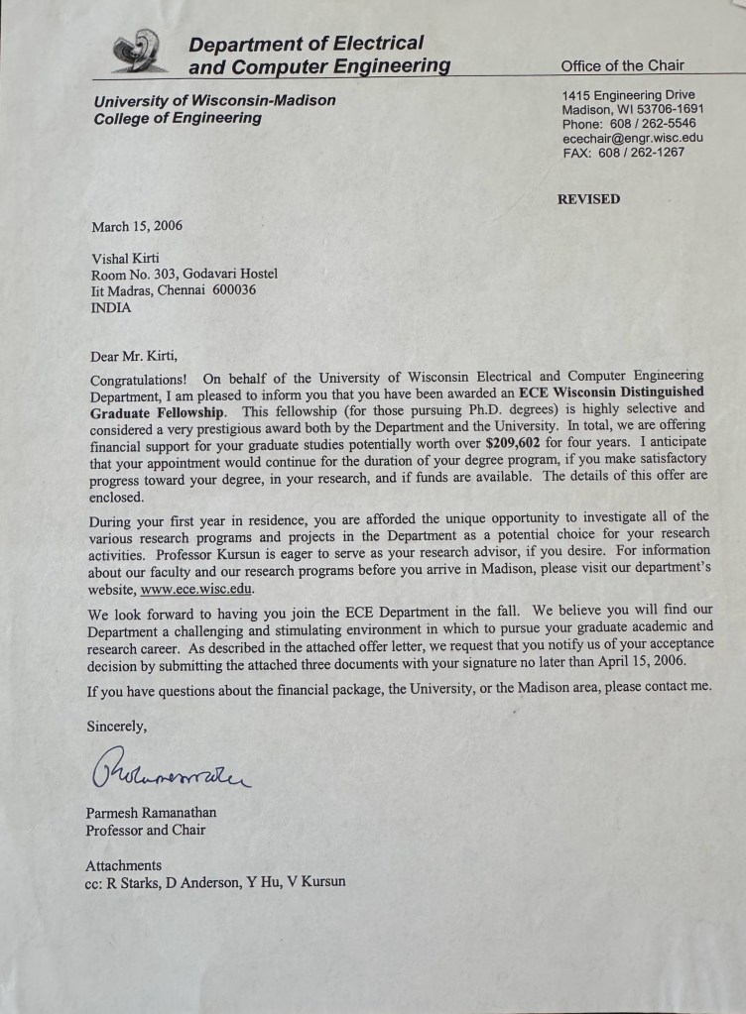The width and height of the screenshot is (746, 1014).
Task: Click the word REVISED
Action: click(x=588, y=199)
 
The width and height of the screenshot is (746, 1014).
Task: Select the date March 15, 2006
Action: click(x=137, y=226)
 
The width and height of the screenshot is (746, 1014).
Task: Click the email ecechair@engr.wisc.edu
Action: click(x=632, y=139)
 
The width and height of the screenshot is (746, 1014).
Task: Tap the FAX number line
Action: click(x=623, y=153)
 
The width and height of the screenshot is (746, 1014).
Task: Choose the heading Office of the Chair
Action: click(x=622, y=66)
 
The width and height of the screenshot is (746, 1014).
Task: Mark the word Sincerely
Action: click(x=116, y=727)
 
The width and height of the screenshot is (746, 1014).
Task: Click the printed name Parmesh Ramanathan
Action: click(x=151, y=813)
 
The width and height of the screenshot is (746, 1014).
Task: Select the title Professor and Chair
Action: click(x=146, y=830)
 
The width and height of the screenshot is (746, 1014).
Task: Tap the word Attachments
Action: click(x=123, y=865)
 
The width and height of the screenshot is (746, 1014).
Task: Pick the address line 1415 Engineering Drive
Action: click(x=629, y=95)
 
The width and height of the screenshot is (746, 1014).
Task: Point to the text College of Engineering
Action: click(x=178, y=118)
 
